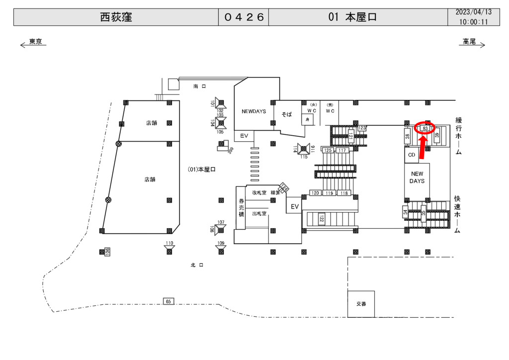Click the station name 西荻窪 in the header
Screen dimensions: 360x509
tap(116, 17)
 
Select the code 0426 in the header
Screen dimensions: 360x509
tap(244, 17)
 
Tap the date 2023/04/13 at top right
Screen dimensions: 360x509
tap(473, 12)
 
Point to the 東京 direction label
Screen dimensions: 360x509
tap(35, 42)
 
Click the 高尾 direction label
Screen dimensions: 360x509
tap(469, 42)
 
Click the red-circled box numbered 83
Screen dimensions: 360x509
tap(425, 128)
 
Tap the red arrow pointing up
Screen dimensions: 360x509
tap(423, 148)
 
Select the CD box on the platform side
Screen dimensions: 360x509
tap(411, 155)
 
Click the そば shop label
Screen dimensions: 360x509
tap(287, 114)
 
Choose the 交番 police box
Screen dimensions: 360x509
tap(361, 303)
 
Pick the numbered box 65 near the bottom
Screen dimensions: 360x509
tap(169, 301)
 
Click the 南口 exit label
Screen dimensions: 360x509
tap(199, 87)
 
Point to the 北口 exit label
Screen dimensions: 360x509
tap(197, 265)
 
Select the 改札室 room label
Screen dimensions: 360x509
tap(259, 192)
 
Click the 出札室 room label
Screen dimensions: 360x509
tap(259, 213)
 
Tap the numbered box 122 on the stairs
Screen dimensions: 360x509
tap(321, 218)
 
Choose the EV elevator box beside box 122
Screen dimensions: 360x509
tap(295, 206)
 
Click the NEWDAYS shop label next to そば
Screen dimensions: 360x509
tap(254, 111)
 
